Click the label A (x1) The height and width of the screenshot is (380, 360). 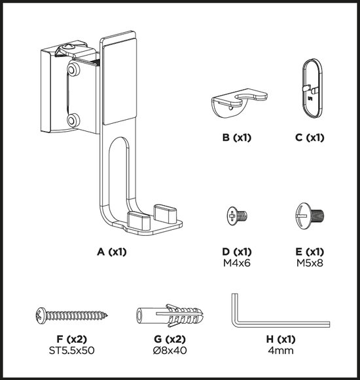pyautogui.click(x=112, y=252)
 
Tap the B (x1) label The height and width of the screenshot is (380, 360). pyautogui.click(x=237, y=138)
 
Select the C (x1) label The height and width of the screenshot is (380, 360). pyautogui.click(x=310, y=138)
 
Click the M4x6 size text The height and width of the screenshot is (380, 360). pyautogui.click(x=237, y=263)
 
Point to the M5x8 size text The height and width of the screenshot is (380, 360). pyautogui.click(x=310, y=263)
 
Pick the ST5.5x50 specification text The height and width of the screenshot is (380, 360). pyautogui.click(x=71, y=351)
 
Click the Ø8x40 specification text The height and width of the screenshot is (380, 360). pyautogui.click(x=170, y=351)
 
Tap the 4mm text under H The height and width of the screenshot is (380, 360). pyautogui.click(x=281, y=351)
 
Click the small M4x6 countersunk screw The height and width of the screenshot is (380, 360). pyautogui.click(x=237, y=216)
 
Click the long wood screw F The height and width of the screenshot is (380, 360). pyautogui.click(x=71, y=316)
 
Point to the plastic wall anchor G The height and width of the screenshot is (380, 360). pyautogui.click(x=170, y=315)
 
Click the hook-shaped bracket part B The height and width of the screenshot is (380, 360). pyautogui.click(x=239, y=102)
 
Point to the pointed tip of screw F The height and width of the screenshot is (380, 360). pyautogui.click(x=107, y=316)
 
